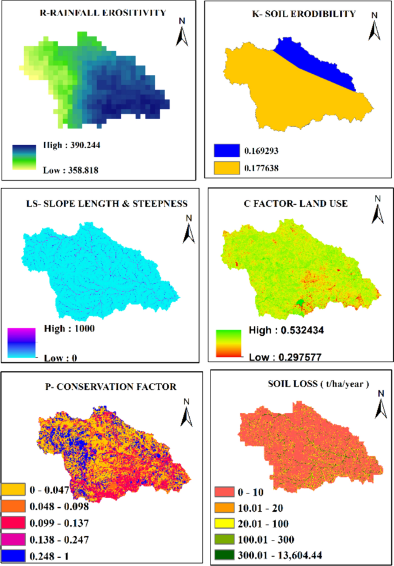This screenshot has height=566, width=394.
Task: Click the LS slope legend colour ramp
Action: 22,343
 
